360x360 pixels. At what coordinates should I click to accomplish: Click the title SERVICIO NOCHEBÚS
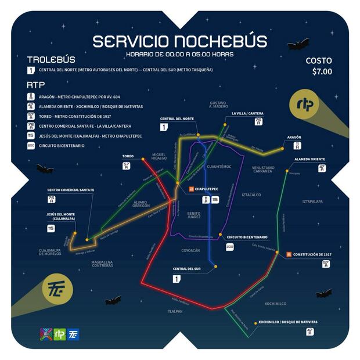[180, 42]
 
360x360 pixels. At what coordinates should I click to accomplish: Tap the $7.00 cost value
[322, 72]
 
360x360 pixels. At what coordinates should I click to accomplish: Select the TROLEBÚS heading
[51, 59]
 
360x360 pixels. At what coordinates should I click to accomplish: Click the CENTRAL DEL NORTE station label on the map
[177, 118]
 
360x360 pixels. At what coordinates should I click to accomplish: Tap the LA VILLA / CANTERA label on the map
[247, 113]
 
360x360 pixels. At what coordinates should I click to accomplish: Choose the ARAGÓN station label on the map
[294, 138]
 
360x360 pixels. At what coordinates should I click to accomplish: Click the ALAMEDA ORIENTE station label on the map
[309, 159]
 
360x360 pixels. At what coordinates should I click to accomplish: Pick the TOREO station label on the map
[128, 156]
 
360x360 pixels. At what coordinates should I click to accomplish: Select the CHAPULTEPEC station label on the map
[206, 189]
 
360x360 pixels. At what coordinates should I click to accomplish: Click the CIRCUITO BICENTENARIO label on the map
[247, 237]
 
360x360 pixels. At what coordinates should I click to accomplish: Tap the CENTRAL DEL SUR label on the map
[186, 269]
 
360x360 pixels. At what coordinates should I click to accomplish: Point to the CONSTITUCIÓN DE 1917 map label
[312, 254]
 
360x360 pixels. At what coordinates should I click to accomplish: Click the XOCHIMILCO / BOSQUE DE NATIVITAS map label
[288, 322]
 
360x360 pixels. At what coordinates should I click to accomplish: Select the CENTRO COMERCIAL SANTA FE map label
[71, 190]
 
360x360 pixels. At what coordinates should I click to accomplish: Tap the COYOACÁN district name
[190, 250]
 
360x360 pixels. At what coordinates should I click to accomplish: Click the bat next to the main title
[298, 44]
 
